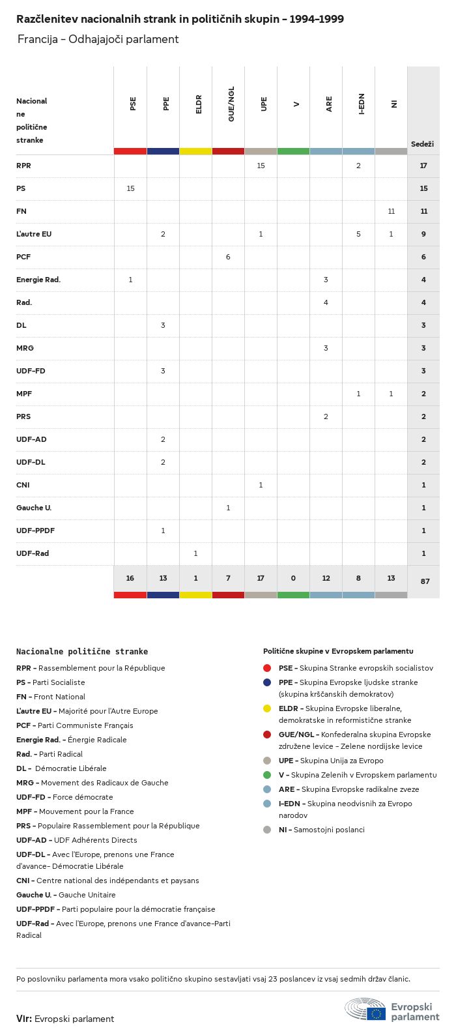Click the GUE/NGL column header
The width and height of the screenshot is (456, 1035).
point(231,104)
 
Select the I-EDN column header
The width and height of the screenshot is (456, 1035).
point(362,104)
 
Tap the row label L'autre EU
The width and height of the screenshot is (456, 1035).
point(34,234)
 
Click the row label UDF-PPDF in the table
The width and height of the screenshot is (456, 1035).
point(35,531)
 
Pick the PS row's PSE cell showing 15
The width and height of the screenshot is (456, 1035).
point(130,188)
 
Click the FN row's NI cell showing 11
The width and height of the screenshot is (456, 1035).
point(391,211)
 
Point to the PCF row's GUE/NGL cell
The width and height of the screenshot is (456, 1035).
point(228,257)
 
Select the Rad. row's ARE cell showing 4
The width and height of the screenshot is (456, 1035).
point(326,302)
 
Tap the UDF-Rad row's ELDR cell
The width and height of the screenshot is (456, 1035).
point(195,553)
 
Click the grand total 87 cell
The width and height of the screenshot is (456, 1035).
point(425,581)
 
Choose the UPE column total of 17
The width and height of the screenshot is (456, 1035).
point(261,578)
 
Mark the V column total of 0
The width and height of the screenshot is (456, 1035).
point(293,578)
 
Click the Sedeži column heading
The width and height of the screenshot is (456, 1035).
point(422,143)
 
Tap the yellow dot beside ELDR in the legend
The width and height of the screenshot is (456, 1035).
point(267,708)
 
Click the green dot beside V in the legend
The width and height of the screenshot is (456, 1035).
point(267,775)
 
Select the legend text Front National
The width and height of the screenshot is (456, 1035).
point(59,697)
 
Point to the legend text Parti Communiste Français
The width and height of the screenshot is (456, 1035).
point(85,725)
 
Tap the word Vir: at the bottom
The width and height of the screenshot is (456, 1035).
point(24,1018)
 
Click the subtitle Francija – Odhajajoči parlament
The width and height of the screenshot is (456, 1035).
point(98,39)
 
